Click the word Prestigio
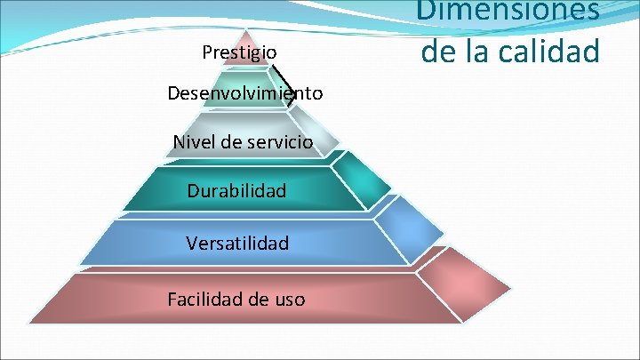tap(239, 52)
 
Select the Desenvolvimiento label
tap(244, 93)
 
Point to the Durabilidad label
tap(236, 190)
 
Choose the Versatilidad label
tap(237, 242)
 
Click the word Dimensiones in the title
tap(510, 11)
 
